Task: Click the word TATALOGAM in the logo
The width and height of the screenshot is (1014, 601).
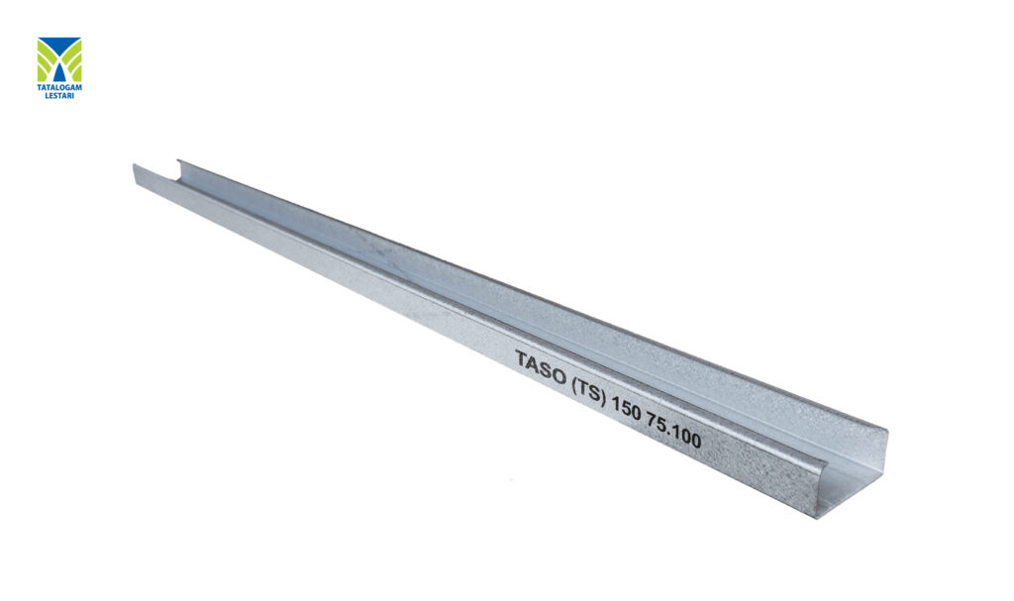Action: click(59, 88)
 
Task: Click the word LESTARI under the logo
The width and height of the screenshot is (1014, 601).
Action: click(60, 96)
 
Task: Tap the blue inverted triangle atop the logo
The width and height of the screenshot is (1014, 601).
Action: click(59, 47)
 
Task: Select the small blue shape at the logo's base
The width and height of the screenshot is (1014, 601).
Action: click(59, 74)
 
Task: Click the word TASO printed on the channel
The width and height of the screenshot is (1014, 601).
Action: click(540, 366)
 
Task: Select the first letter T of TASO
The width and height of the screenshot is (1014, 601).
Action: click(522, 357)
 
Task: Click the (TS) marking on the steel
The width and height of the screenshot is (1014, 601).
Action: click(589, 390)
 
